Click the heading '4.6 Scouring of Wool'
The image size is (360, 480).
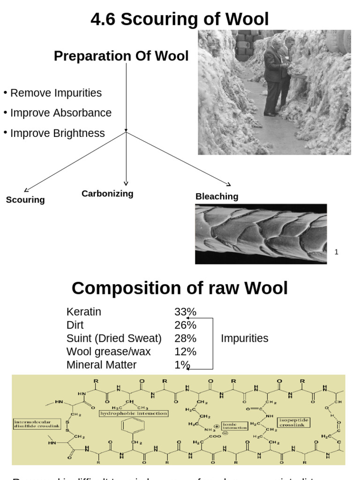pyautogui.click(x=180, y=20)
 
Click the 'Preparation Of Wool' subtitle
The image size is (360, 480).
pyautogui.click(x=121, y=56)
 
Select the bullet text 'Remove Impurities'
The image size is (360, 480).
pyautogui.click(x=56, y=93)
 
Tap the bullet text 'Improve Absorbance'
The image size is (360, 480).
pyautogui.click(x=61, y=113)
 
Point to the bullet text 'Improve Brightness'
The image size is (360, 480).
pyautogui.click(x=57, y=133)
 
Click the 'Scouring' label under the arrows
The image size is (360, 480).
pyautogui.click(x=25, y=200)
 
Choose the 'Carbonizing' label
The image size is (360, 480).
pyautogui.click(x=107, y=194)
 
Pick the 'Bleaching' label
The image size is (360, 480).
pyautogui.click(x=217, y=196)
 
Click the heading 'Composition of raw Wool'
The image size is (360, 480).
pyautogui.click(x=180, y=288)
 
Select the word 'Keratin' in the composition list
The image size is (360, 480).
pyautogui.click(x=84, y=312)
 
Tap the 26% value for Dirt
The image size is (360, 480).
pyautogui.click(x=185, y=325)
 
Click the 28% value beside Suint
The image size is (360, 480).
pyautogui.click(x=185, y=338)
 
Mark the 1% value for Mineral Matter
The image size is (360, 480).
pyautogui.click(x=182, y=365)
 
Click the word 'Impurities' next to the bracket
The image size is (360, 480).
pyautogui.click(x=244, y=338)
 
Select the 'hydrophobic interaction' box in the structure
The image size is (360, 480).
pyautogui.click(x=134, y=413)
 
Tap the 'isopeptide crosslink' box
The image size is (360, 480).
pyautogui.click(x=294, y=422)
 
